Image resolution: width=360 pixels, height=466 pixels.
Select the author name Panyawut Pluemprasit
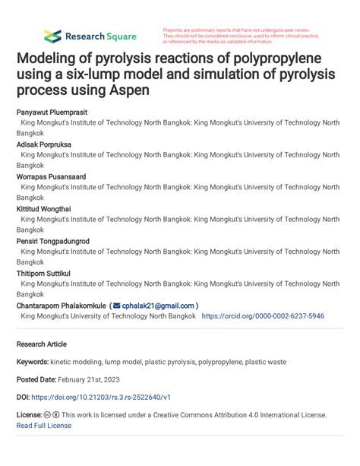[x=52, y=111]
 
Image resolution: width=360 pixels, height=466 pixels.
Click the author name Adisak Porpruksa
[x=46, y=144]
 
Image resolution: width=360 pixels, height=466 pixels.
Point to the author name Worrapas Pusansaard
[x=51, y=176]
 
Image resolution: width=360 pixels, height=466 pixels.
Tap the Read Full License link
[x=44, y=426]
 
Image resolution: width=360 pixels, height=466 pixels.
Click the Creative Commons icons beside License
[x=52, y=415]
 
